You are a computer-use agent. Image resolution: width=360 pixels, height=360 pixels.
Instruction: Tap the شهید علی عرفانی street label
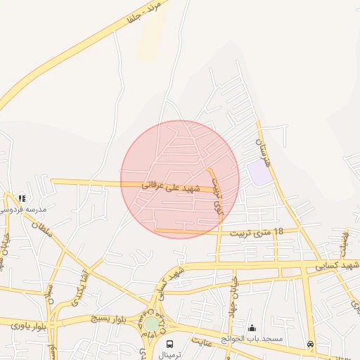pyautogui.click(x=172, y=186)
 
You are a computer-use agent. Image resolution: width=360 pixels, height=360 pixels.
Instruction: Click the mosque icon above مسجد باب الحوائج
pyautogui.click(x=252, y=328)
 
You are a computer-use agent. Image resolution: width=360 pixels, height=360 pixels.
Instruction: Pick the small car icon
pyautogui.click(x=310, y=344)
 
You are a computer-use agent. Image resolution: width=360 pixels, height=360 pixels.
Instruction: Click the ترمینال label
pyautogui.click(x=169, y=354)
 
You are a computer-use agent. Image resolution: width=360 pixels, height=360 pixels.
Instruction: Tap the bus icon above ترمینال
pyautogui.click(x=169, y=344)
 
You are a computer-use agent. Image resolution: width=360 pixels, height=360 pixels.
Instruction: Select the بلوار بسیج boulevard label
pyautogui.click(x=112, y=319)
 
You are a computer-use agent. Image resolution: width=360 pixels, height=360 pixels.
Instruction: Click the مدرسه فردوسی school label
pyautogui.click(x=21, y=209)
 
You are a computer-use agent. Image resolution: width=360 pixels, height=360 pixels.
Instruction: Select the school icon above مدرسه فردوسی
pyautogui.click(x=22, y=198)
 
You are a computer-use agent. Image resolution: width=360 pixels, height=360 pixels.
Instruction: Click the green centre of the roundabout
pyautogui.click(x=152, y=324)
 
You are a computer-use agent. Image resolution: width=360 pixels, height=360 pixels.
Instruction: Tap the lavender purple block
pyautogui.click(x=259, y=173)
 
